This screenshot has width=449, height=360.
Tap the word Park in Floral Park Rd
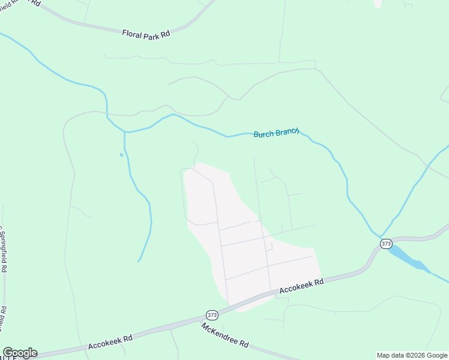152,34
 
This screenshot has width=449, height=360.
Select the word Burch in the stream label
264,134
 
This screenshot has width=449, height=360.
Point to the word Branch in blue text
287,133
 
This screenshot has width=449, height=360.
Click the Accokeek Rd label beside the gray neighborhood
302,285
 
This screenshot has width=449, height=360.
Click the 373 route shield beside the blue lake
386,244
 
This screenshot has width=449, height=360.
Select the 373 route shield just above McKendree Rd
212,315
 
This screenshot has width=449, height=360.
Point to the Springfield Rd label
3,249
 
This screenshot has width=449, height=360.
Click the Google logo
20,353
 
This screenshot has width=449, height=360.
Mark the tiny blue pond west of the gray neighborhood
121,155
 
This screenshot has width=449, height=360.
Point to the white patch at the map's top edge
378,3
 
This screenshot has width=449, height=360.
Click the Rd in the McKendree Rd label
244,344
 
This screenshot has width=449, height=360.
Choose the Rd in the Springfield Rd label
3,267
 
